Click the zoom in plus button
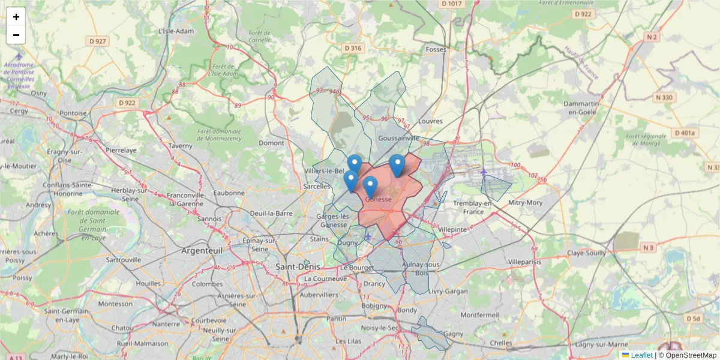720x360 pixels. tap(16, 17)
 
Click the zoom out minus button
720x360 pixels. tap(16, 35)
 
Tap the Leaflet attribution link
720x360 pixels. tap(641, 355)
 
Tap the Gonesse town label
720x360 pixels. tap(378, 199)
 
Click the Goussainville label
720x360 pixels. tap(398, 137)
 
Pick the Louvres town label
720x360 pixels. tap(430, 121)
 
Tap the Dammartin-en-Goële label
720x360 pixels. tap(586, 107)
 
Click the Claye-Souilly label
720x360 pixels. tap(586, 253)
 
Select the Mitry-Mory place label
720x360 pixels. tap(525, 203)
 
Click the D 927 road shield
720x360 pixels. tap(97, 41)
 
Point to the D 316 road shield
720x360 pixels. tap(353, 48)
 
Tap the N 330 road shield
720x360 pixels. tap(665, 97)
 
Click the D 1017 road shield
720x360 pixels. tap(452, 4)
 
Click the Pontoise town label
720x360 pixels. tap(73, 113)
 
